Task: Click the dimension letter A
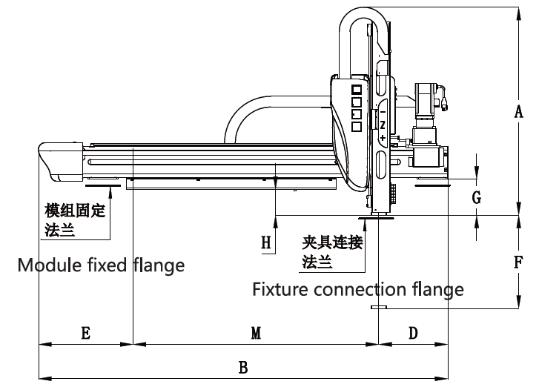pos(519,111)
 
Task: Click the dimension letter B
pos(242,366)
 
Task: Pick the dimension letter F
pos(519,262)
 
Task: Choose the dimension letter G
pos(477,198)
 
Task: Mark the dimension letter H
pos(266,242)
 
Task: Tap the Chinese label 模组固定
pos(74,211)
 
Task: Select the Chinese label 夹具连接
pos(331,242)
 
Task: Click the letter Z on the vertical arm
pos(383,125)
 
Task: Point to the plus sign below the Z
pos(383,139)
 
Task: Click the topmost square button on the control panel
pos(356,88)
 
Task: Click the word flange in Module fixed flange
pos(158,265)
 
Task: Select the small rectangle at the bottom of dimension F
pos(378,305)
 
